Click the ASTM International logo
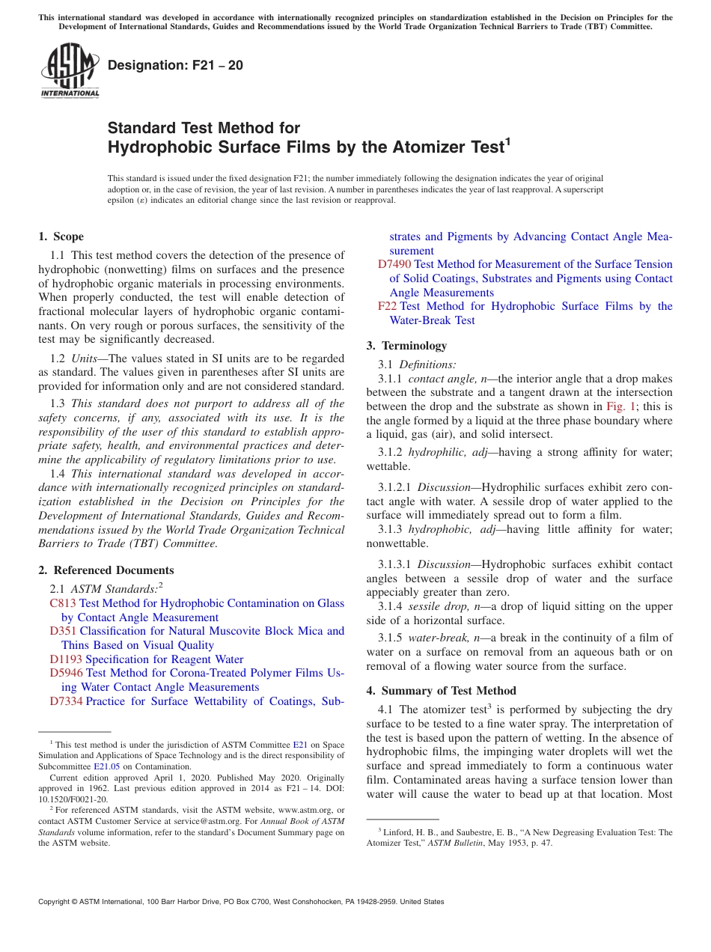pyautogui.click(x=69, y=70)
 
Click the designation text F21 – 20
pyautogui.click(x=175, y=65)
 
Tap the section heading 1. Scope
pyautogui.click(x=61, y=237)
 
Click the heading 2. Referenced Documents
pyautogui.click(x=106, y=570)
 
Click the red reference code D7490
pyautogui.click(x=394, y=264)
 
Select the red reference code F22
pyautogui.click(x=387, y=306)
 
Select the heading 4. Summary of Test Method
pyautogui.click(x=442, y=690)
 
